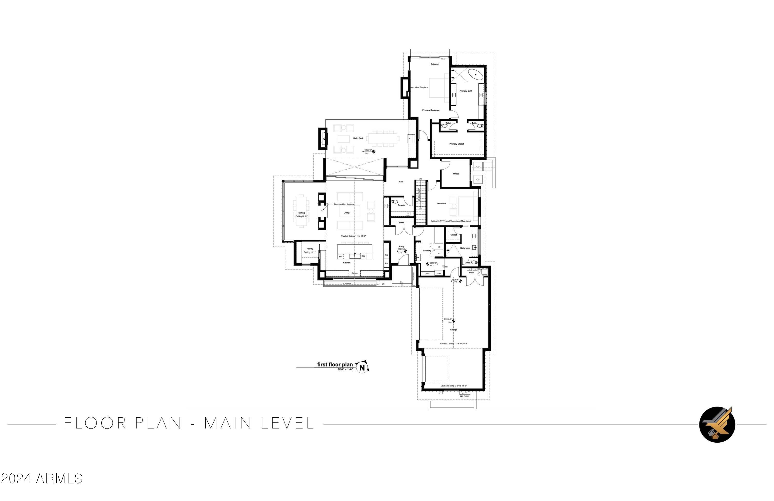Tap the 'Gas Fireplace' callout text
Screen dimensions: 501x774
coord(422,88)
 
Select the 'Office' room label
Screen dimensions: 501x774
coord(456,174)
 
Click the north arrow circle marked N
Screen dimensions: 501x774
coord(362,368)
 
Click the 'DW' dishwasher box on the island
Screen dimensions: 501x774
coord(363,256)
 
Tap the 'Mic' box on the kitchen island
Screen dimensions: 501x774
coord(341,257)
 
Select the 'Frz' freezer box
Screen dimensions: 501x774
coord(387,255)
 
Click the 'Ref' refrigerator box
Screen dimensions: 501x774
coord(387,264)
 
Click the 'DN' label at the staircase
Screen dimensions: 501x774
coord(420,179)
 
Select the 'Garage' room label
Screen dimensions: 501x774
coord(453,330)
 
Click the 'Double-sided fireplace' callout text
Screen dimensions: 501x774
coord(344,204)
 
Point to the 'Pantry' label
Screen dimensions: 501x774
coord(310,249)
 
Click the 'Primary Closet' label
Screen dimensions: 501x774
coord(457,144)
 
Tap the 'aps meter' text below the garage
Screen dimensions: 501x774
coord(464,396)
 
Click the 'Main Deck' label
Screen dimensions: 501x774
coord(358,138)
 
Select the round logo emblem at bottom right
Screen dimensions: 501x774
coord(717,424)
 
